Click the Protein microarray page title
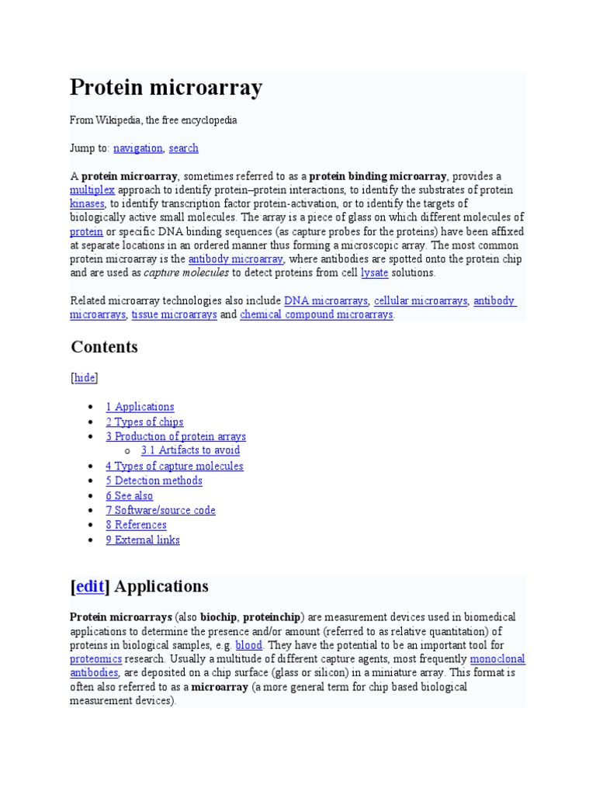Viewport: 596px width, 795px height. [166, 88]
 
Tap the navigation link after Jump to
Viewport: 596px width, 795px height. [137, 148]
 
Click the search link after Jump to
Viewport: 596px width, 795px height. [183, 148]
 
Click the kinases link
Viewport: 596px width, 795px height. [87, 203]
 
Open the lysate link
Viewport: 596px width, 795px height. [374, 273]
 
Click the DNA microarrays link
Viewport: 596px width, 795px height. [325, 300]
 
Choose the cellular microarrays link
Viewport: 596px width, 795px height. [420, 300]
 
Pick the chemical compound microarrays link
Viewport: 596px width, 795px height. [316, 314]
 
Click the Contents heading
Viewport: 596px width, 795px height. [104, 347]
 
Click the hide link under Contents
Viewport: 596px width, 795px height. [85, 377]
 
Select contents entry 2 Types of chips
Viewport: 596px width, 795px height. [144, 422]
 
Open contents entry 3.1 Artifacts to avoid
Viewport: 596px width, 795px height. [190, 450]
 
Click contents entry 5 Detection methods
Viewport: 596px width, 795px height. [154, 481]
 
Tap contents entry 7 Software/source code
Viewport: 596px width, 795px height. [161, 510]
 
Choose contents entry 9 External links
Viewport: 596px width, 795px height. [143, 540]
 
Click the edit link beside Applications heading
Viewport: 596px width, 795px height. [89, 587]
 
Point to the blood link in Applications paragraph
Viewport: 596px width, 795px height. [248, 645]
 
